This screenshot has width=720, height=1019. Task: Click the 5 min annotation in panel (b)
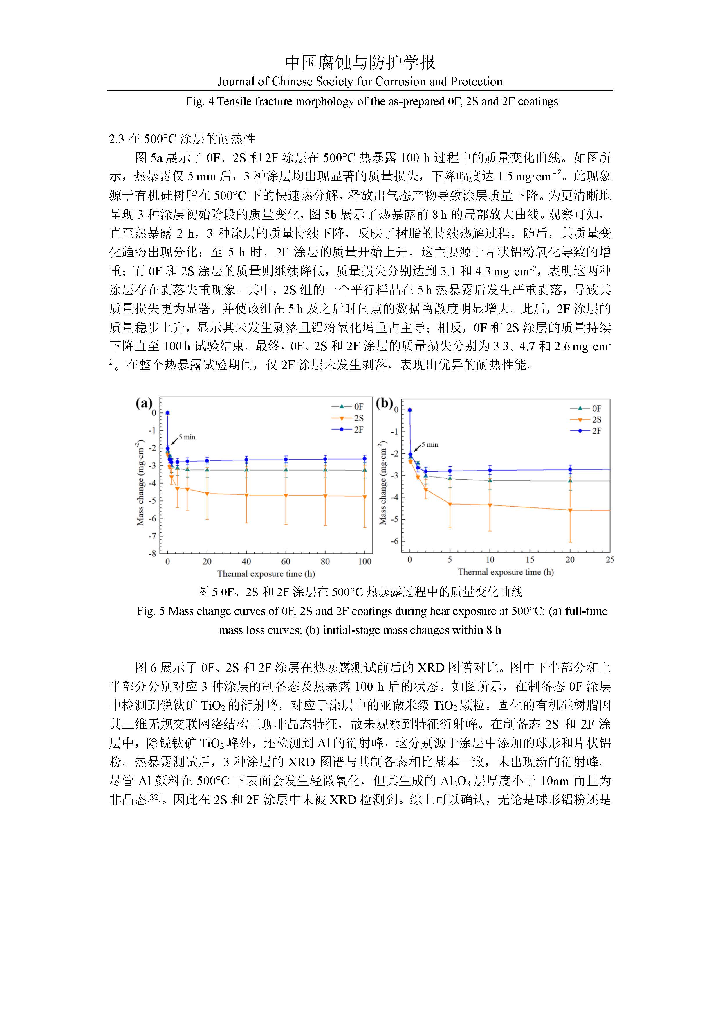point(430,445)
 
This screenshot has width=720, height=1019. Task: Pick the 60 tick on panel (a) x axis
point(286,561)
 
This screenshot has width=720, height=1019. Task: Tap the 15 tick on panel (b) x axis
point(530,560)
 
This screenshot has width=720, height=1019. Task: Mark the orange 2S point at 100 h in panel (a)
point(365,497)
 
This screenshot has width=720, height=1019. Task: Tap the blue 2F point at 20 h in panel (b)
point(570,469)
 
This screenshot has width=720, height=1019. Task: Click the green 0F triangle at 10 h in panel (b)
point(490,480)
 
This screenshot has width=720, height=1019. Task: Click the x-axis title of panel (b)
point(506,572)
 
